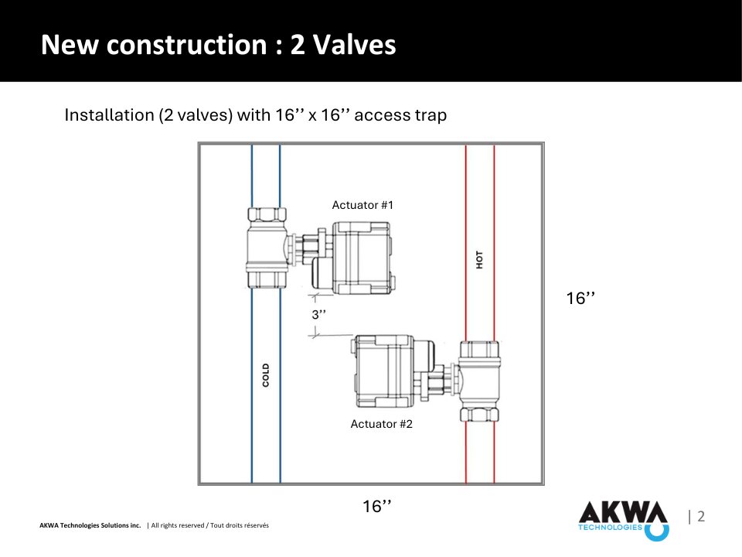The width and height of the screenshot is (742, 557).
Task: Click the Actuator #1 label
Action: pyautogui.click(x=362, y=205)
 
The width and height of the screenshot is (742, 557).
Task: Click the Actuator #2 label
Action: pyautogui.click(x=381, y=424)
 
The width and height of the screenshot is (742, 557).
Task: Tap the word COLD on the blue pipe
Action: pyautogui.click(x=266, y=375)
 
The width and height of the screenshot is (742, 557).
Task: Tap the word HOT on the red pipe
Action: pyautogui.click(x=480, y=260)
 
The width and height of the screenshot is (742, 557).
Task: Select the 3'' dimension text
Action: pyautogui.click(x=319, y=315)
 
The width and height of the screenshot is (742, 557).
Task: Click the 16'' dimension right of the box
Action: pyautogui.click(x=580, y=299)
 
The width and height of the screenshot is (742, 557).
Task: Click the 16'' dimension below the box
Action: pyautogui.click(x=377, y=506)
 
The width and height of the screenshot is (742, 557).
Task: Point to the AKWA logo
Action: pyautogui.click(x=624, y=521)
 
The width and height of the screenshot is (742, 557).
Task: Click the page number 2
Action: pyautogui.click(x=701, y=516)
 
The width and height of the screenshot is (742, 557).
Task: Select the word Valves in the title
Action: pyautogui.click(x=355, y=45)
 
